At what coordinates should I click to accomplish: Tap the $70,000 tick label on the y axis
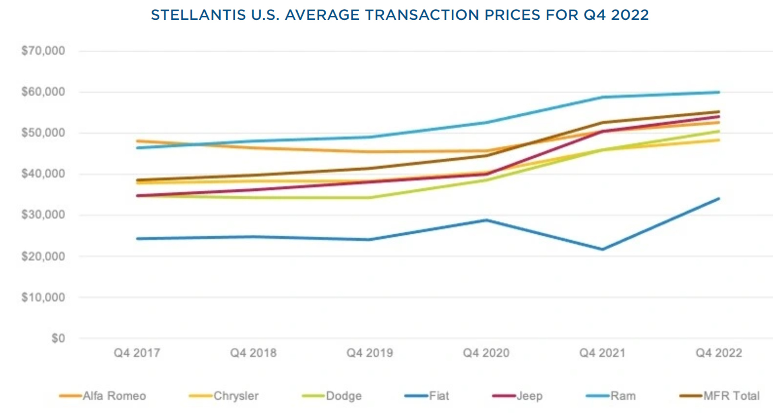tap(43, 51)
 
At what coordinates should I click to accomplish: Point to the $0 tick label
tap(58, 338)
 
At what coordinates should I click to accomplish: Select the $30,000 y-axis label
tap(43, 215)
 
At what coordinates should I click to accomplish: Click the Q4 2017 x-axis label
tap(137, 353)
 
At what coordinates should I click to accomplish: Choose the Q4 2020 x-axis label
tap(486, 353)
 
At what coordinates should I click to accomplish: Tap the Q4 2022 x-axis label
tap(719, 353)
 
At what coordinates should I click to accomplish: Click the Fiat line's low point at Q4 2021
tap(602, 249)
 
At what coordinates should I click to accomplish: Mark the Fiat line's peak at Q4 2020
tap(486, 220)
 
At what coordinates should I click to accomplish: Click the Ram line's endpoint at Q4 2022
tap(719, 92)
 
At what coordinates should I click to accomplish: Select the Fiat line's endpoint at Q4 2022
tap(719, 198)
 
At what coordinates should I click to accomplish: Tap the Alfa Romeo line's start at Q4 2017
tap(137, 141)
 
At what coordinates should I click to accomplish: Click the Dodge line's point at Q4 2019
tap(370, 198)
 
